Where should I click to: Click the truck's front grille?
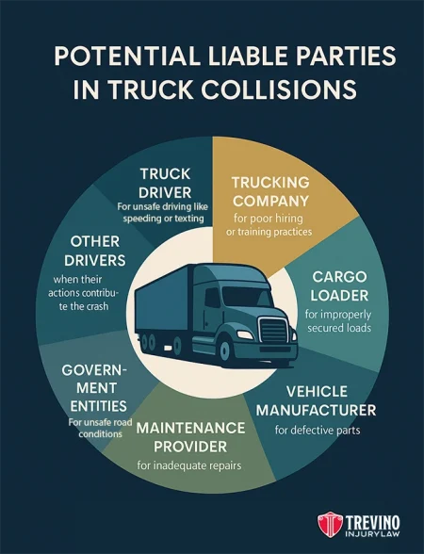pos(274,331)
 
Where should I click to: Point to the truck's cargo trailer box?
pos(188,301)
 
